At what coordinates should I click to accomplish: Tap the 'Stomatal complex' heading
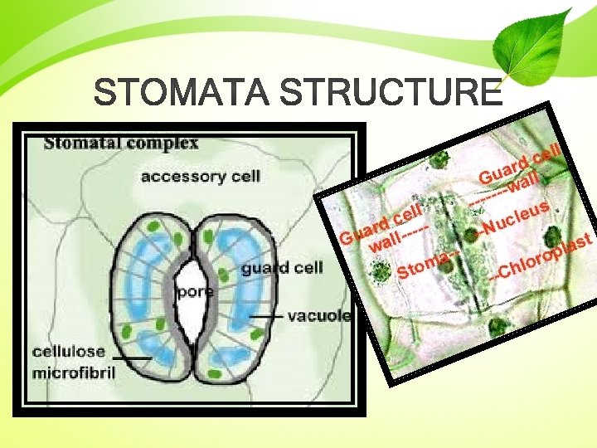[121, 142]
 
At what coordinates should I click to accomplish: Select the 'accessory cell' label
[200, 176]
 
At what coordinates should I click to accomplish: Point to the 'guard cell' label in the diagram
[282, 267]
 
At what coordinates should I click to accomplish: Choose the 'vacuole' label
[319, 316]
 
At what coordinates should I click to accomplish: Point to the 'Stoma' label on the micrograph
[424, 265]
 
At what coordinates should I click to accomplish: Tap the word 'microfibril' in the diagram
[74, 372]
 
